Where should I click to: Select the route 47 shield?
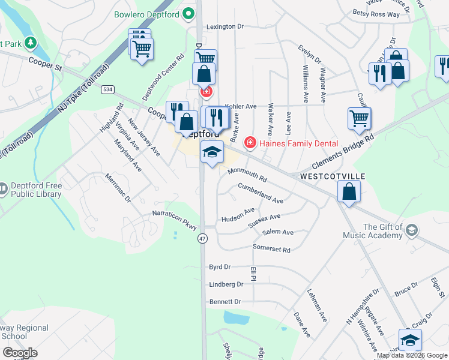(203, 238)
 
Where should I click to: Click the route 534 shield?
(107, 89)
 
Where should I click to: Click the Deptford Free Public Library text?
(36, 190)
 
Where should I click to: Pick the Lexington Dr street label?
(225, 27)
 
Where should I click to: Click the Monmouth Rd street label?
(247, 175)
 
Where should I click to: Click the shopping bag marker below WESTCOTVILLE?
(349, 193)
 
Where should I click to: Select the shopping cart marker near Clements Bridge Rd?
(359, 118)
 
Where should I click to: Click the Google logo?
(20, 353)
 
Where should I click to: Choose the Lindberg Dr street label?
(226, 284)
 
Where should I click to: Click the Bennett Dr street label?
(225, 302)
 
